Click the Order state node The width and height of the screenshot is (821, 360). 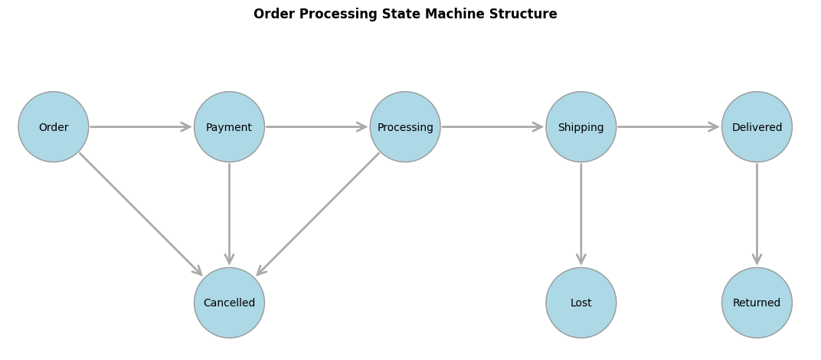click(x=54, y=127)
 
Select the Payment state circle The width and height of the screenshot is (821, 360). click(x=229, y=127)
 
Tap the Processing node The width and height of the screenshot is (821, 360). click(x=405, y=127)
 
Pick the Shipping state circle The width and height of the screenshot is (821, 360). click(x=581, y=127)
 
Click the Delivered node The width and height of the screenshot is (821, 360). click(x=757, y=127)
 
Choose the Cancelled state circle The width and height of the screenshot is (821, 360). click(x=229, y=303)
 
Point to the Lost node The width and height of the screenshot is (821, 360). click(x=581, y=303)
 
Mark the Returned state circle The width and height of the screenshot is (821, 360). click(x=757, y=303)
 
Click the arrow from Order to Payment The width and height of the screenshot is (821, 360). click(x=141, y=127)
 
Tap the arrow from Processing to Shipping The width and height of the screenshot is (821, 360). click(x=492, y=127)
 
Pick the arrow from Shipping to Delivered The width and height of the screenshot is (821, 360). click(x=669, y=127)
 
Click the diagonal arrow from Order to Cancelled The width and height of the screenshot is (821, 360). click(x=141, y=214)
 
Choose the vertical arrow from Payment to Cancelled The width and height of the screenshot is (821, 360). click(x=229, y=214)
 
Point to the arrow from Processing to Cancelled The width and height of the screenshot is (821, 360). click(x=317, y=214)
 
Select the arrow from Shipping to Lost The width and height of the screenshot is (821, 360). click(x=581, y=214)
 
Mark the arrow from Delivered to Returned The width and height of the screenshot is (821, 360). click(x=757, y=214)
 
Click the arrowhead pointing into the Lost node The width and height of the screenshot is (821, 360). click(x=581, y=259)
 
